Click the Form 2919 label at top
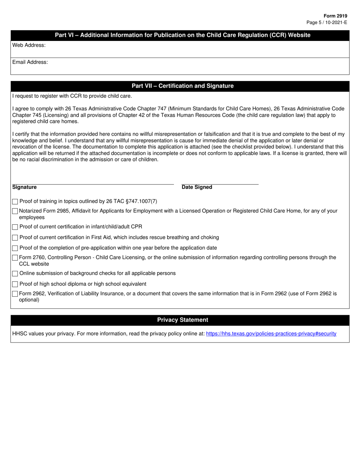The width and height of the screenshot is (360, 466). click(x=335, y=16)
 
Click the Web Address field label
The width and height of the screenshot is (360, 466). click(x=29, y=45)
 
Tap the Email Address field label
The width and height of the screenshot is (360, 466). click(x=30, y=62)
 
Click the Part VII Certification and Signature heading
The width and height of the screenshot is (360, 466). click(x=182, y=86)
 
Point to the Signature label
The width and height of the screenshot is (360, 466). click(x=24, y=187)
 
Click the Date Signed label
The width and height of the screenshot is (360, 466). click(x=197, y=187)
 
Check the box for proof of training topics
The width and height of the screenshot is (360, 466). click(x=15, y=202)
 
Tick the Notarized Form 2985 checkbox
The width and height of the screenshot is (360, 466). click(x=15, y=211)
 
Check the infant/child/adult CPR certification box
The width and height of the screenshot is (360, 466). click(x=15, y=227)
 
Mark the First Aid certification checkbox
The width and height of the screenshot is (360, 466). click(x=15, y=238)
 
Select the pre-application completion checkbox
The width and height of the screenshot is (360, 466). click(x=15, y=249)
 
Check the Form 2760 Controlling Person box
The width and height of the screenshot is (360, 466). click(x=15, y=258)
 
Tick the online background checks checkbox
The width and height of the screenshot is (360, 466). click(x=15, y=274)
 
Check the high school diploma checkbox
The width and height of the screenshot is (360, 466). click(x=15, y=285)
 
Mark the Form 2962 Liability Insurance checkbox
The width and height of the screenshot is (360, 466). click(x=15, y=294)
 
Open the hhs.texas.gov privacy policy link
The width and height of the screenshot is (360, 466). click(x=271, y=334)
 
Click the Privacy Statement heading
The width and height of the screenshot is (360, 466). click(x=182, y=320)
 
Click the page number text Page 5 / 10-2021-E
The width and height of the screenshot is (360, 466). click(x=326, y=22)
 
